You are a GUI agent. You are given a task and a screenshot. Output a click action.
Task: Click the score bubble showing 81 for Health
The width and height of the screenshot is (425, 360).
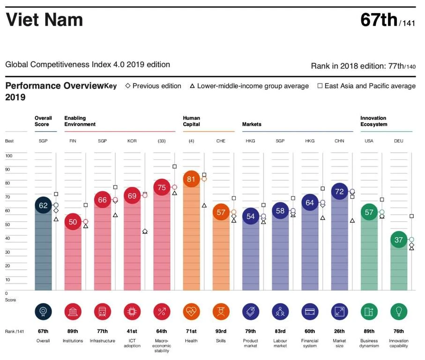coord(191,179)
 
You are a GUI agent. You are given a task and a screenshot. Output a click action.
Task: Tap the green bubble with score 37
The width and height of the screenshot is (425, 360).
coord(398,240)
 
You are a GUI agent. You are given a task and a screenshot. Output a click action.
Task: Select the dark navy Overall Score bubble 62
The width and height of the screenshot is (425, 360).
coord(43,205)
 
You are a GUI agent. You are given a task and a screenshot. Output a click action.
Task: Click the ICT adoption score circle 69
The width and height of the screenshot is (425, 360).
coord(132,196)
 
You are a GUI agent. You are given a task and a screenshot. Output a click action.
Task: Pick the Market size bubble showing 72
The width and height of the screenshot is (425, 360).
coord(339,192)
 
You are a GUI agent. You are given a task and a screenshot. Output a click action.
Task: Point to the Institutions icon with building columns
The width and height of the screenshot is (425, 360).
coord(73,311)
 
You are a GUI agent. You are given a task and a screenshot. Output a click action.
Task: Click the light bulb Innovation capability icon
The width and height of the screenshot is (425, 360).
coord(398,311)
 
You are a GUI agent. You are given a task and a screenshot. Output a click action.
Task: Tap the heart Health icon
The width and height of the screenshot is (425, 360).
coord(191,311)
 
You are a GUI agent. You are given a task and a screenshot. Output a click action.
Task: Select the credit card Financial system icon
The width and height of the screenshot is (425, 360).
coord(310,311)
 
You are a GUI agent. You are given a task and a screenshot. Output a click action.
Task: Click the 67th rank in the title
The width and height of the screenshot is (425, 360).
coord(379,20)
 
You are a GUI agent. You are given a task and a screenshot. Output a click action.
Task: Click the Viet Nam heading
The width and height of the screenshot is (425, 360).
coord(44,20)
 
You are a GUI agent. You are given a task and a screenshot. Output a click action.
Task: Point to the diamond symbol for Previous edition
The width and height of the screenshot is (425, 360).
coord(127,86)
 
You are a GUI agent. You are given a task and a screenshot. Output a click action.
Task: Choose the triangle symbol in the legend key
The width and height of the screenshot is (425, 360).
coord(192,86)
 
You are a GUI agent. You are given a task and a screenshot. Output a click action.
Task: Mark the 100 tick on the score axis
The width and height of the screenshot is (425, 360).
coord(9,156)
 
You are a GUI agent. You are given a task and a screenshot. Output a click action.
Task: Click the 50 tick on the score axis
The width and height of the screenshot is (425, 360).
coord(7,225)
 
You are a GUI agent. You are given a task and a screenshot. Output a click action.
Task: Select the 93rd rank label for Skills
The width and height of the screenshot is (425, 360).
coord(221,331)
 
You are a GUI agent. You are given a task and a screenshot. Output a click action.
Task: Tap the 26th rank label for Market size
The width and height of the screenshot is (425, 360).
coord(339,331)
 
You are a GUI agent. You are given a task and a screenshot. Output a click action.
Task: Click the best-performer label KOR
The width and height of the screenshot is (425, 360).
coord(132,141)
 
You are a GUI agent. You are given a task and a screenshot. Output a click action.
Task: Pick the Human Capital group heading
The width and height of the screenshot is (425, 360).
coord(191,121)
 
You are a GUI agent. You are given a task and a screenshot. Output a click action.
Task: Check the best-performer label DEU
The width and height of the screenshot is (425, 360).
coord(398,141)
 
